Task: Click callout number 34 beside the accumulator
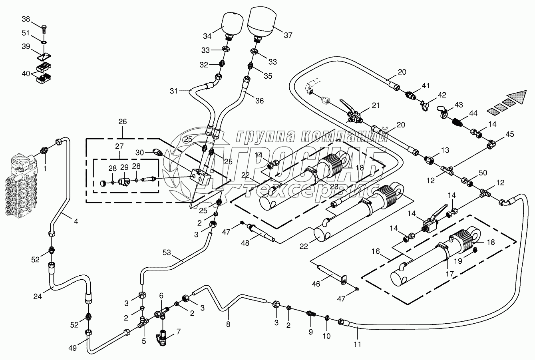coord(207,36)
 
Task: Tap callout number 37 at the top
coord(288,35)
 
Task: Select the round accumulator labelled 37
coord(261,22)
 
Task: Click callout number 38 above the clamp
coord(26,19)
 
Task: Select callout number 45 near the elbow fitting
coord(510,133)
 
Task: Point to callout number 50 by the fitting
coord(483,173)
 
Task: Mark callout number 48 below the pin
coord(245,243)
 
